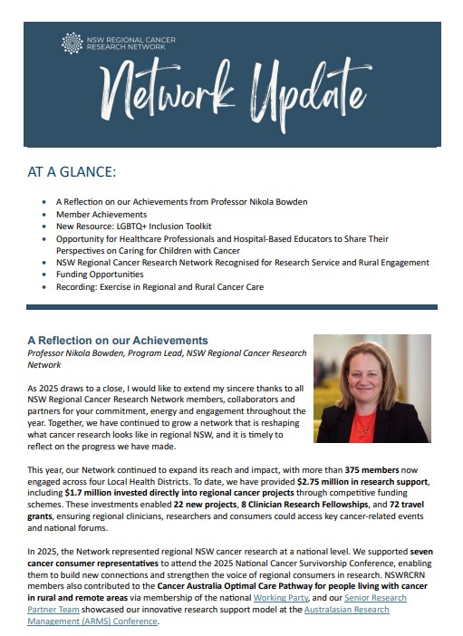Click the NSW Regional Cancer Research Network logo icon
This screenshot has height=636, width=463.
(x=71, y=43)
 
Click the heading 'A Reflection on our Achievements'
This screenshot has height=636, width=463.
(x=118, y=341)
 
